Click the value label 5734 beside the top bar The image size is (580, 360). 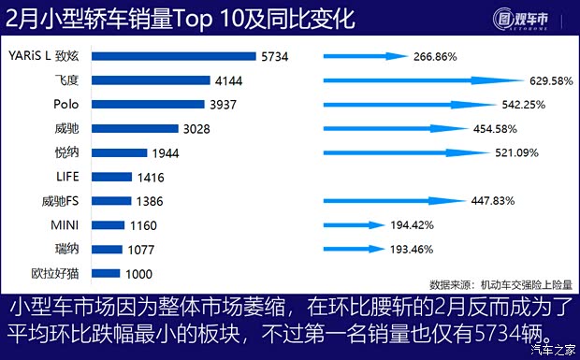[x=275, y=57]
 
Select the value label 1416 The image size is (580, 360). [x=151, y=176]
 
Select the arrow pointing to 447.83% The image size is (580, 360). [x=393, y=200]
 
